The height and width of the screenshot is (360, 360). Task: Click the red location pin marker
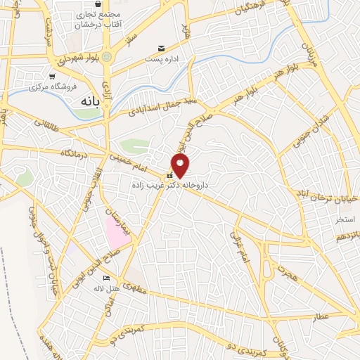pyautogui.click(x=181, y=165)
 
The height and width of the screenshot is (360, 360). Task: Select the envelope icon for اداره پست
pyautogui.click(x=162, y=48)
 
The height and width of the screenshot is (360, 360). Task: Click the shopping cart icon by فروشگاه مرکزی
pyautogui.click(x=51, y=76)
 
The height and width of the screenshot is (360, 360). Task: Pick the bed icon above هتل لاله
pyautogui.click(x=105, y=278)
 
